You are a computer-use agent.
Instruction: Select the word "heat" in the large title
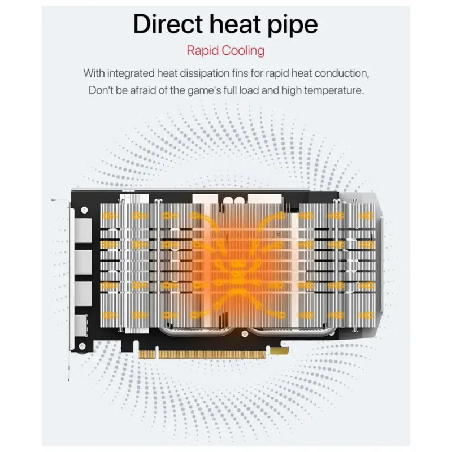point(232,24)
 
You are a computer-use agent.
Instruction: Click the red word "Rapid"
point(202,50)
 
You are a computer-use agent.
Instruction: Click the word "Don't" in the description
point(101,90)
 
